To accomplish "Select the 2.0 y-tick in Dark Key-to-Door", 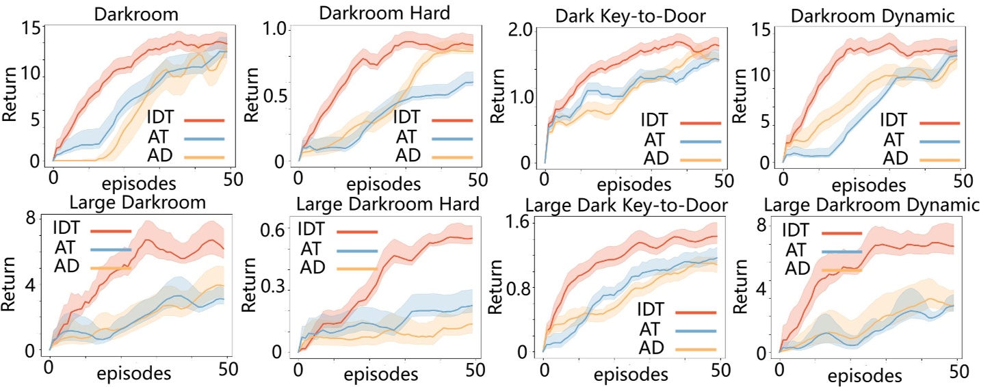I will (525, 31).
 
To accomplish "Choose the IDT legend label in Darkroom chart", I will (163, 118).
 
